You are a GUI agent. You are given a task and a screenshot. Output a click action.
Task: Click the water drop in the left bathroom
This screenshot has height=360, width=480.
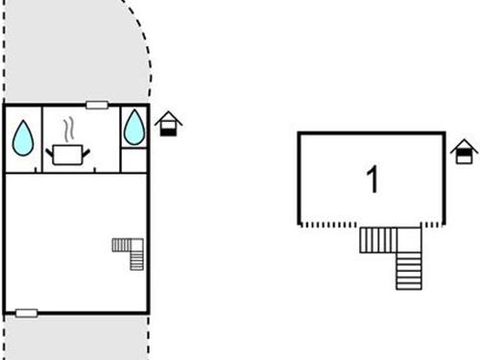pos(23,139)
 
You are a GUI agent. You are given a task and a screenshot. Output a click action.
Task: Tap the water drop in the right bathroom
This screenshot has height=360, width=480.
pos(134,126)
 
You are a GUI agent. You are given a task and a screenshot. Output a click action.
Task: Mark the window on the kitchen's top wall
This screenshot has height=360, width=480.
pos(97,105)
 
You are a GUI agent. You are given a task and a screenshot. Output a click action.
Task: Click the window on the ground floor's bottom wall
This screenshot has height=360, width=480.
pos(27,312)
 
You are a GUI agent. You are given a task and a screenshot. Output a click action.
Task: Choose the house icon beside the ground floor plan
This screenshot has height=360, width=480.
pos(168,124)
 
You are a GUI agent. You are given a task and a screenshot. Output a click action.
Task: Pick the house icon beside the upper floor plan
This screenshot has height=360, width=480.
pos(464,151)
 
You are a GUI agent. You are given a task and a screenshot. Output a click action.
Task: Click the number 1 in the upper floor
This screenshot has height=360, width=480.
pos(372,180)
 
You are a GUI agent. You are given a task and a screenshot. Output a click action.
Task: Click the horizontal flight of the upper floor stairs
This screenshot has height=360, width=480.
pos(378,239)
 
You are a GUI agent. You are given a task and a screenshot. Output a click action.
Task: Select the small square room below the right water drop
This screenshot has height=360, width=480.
pos(134,159)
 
